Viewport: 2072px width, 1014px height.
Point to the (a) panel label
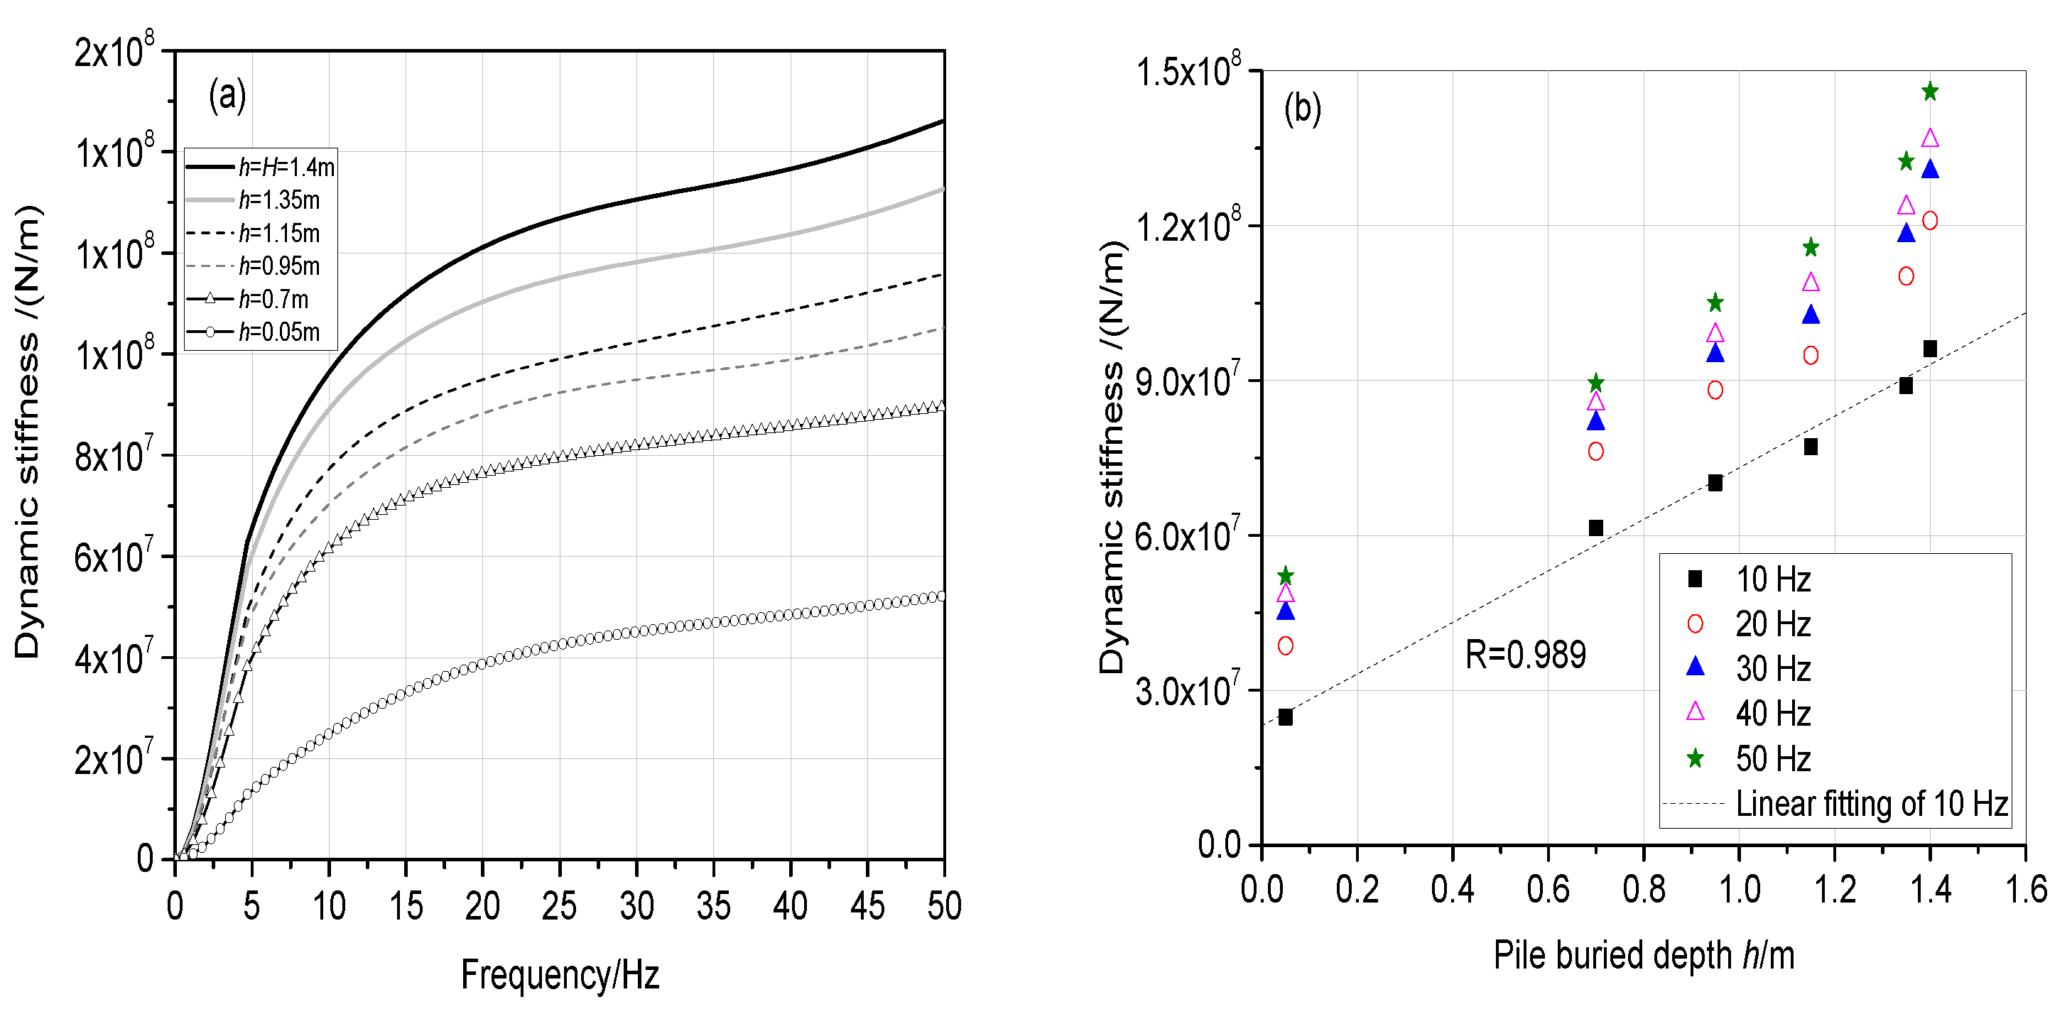coord(227,97)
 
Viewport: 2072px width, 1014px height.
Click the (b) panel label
coord(1302,109)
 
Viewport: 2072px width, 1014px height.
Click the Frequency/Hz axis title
coord(560,975)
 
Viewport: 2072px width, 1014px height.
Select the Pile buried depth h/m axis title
coord(1643,955)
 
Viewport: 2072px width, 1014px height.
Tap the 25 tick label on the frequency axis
coord(559,906)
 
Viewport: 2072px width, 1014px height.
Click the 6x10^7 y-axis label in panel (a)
coord(113,556)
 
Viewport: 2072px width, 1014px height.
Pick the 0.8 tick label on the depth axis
coord(1643,889)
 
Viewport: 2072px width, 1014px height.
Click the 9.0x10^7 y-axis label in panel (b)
coord(1187,381)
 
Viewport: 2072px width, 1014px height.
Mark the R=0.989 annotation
coord(1525,655)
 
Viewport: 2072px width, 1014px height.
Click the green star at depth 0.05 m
coord(1286,576)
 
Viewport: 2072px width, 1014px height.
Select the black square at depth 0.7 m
coord(1596,528)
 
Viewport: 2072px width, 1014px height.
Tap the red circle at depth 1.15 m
coord(1811,356)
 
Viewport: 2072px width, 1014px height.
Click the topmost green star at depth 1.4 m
coord(1930,92)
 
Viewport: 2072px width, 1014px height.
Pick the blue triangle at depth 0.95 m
coord(1715,353)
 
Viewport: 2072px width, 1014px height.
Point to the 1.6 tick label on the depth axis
coord(2025,889)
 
